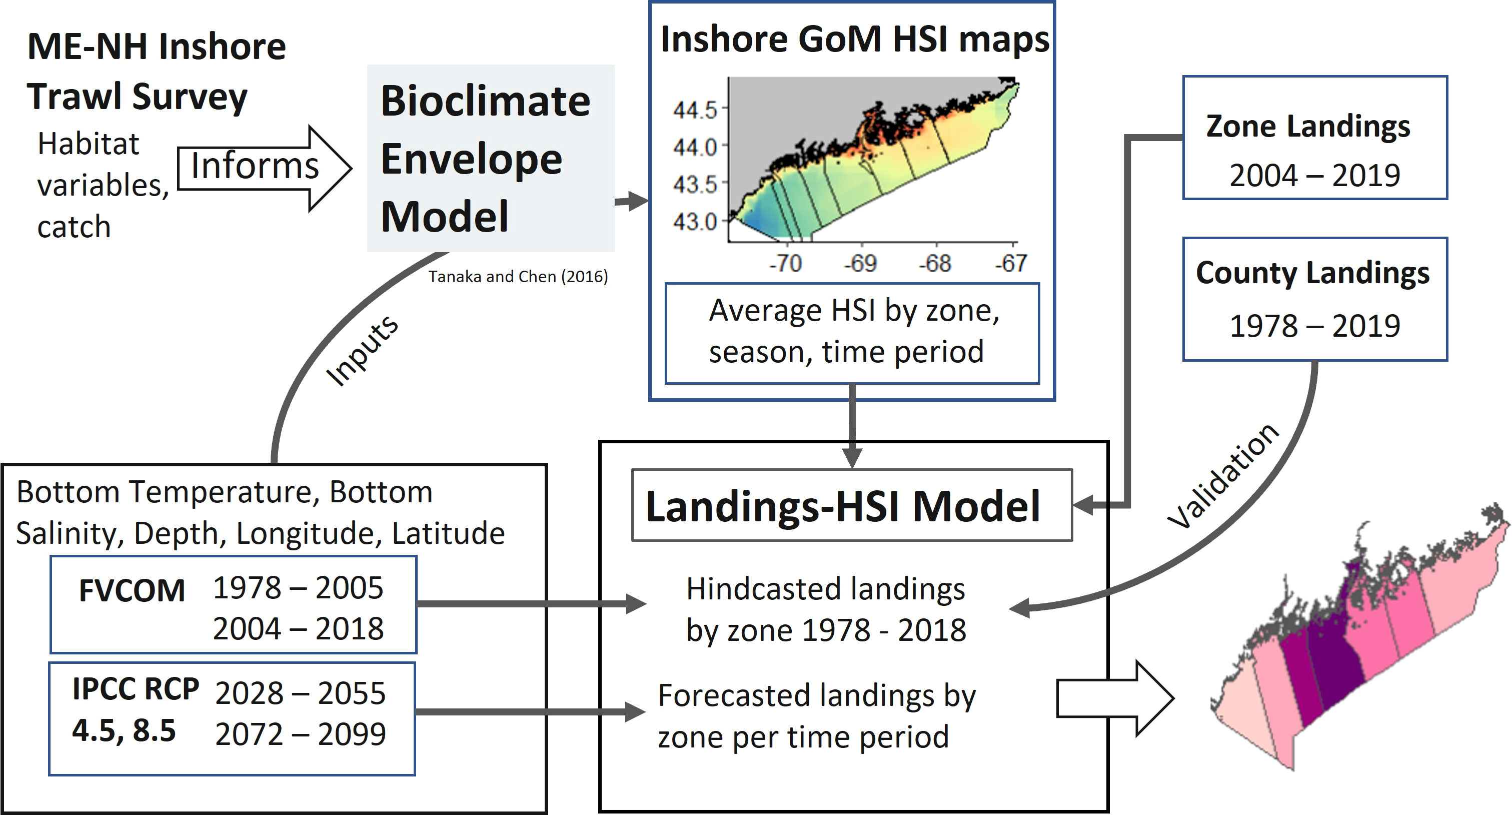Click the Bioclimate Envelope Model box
pos(491,158)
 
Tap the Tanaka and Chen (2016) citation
pos(518,277)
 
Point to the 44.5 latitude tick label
pos(695,110)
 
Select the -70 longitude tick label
pos(786,263)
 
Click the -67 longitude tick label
pos(1011,263)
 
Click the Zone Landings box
pos(1315,138)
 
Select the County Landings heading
pos(1313,273)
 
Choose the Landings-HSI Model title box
pos(852,505)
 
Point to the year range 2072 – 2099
pos(301,734)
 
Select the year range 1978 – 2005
pos(298,588)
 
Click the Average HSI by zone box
pos(852,334)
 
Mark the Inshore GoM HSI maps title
pos(855,40)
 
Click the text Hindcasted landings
pos(825,589)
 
